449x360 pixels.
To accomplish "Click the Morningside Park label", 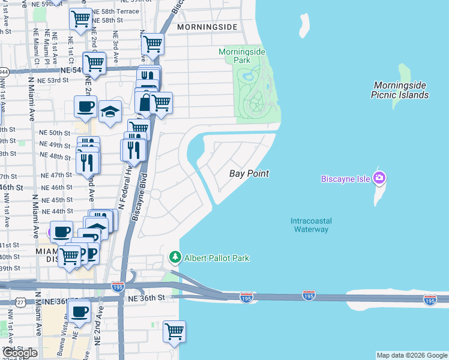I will (x=242, y=56).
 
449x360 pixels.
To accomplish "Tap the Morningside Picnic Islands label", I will (x=400, y=90).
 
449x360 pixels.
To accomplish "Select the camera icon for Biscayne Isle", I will (x=379, y=178).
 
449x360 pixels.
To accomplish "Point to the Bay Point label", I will (x=249, y=173).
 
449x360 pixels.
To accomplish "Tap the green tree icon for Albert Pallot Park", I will (x=175, y=257).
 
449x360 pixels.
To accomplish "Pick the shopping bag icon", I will (x=145, y=103).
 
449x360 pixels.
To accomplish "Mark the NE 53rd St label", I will (x=57, y=80).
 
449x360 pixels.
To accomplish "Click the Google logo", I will (x=19, y=353).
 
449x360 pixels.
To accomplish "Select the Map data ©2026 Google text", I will (x=412, y=355).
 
